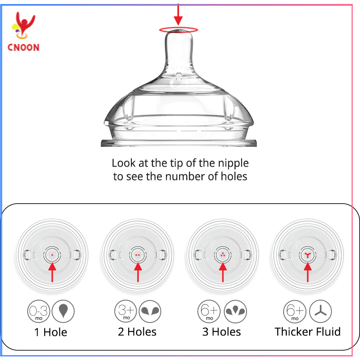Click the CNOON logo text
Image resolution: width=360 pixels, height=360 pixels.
(23, 47)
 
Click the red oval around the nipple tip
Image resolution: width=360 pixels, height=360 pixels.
(178, 30)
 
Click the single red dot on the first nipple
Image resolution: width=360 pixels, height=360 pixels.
(52, 255)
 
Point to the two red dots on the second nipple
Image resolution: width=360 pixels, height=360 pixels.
(138, 255)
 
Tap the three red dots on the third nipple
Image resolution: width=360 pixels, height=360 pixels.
(222, 255)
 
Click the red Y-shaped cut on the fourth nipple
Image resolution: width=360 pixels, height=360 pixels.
(307, 255)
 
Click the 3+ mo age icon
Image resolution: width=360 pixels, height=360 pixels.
(126, 311)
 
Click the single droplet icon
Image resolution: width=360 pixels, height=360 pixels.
(63, 311)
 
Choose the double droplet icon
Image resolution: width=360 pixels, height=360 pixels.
(150, 311)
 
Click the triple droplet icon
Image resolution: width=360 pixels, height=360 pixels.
(234, 311)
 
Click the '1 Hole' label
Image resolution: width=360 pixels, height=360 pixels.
(51, 332)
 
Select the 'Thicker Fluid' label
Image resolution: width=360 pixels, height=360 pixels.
(307, 332)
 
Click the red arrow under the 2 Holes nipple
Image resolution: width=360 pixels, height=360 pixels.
(138, 272)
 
